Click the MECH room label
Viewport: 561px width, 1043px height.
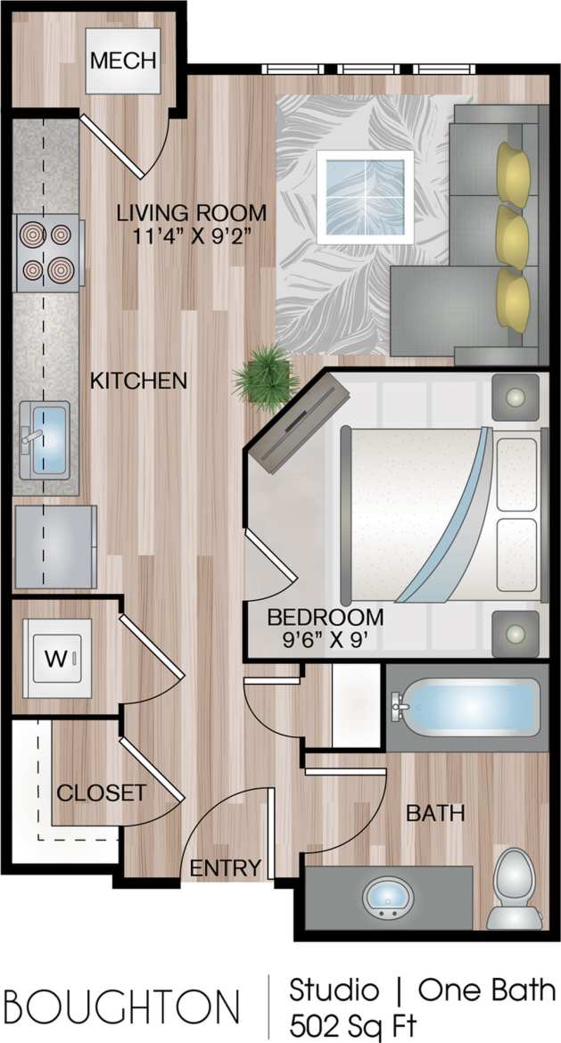click(x=123, y=61)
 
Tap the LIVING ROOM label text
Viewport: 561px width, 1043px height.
click(x=193, y=213)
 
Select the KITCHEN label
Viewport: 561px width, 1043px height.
click(x=138, y=381)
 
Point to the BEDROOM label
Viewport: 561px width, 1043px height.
click(x=326, y=616)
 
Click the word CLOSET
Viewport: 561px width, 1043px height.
click(x=101, y=793)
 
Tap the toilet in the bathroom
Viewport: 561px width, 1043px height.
click(x=513, y=887)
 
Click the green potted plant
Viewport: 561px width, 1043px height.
click(x=265, y=378)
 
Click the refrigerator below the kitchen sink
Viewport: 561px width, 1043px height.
click(x=55, y=546)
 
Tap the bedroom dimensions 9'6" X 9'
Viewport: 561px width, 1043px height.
click(x=325, y=638)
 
